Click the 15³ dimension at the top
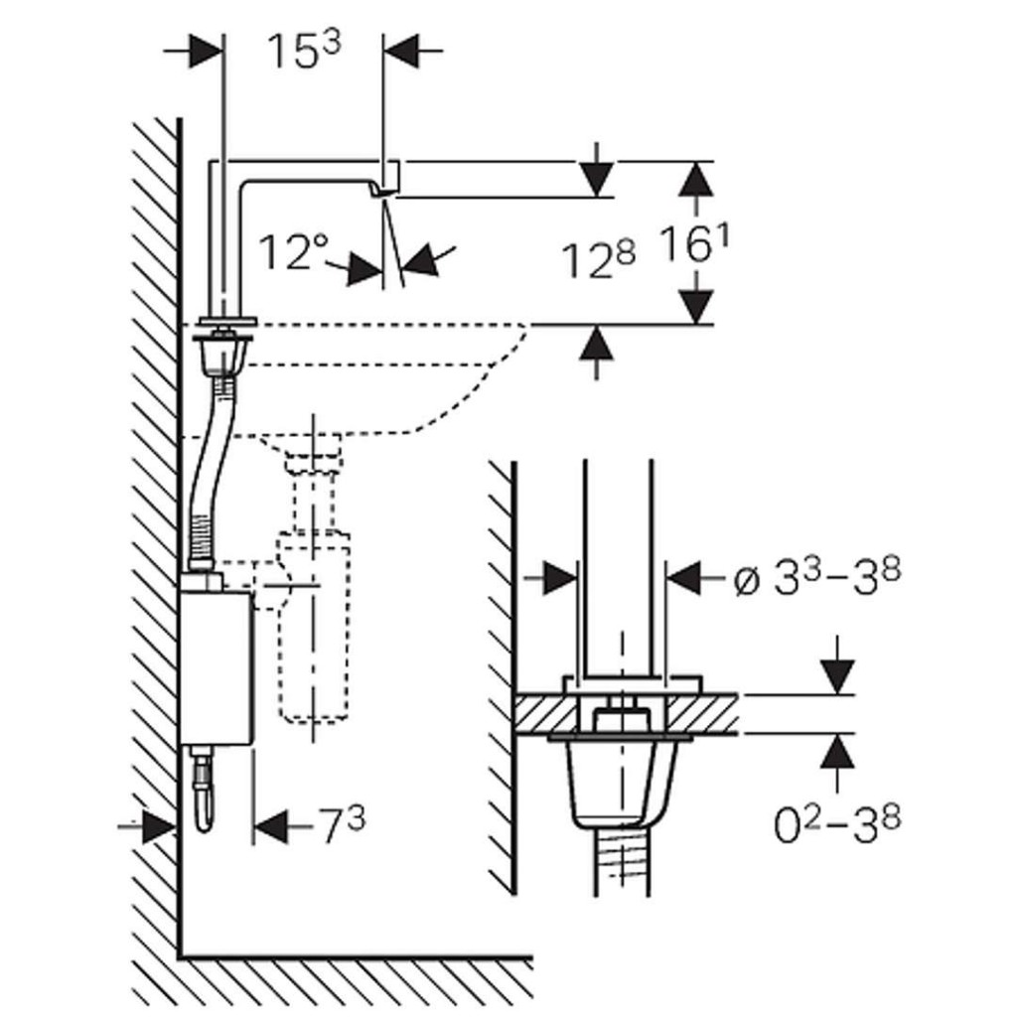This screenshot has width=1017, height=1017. (304, 53)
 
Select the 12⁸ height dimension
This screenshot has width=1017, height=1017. (598, 259)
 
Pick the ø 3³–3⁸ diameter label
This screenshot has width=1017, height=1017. (816, 579)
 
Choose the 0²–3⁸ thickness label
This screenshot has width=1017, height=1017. (837, 823)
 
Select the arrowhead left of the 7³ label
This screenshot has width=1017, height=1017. (269, 824)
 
